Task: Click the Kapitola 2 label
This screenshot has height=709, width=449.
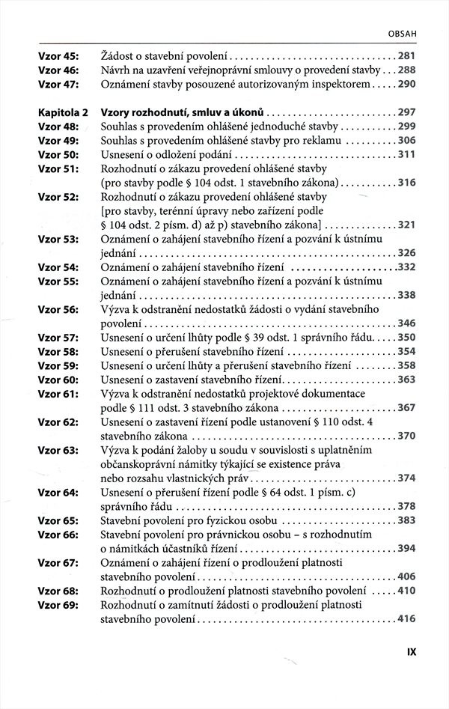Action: (x=63, y=112)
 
